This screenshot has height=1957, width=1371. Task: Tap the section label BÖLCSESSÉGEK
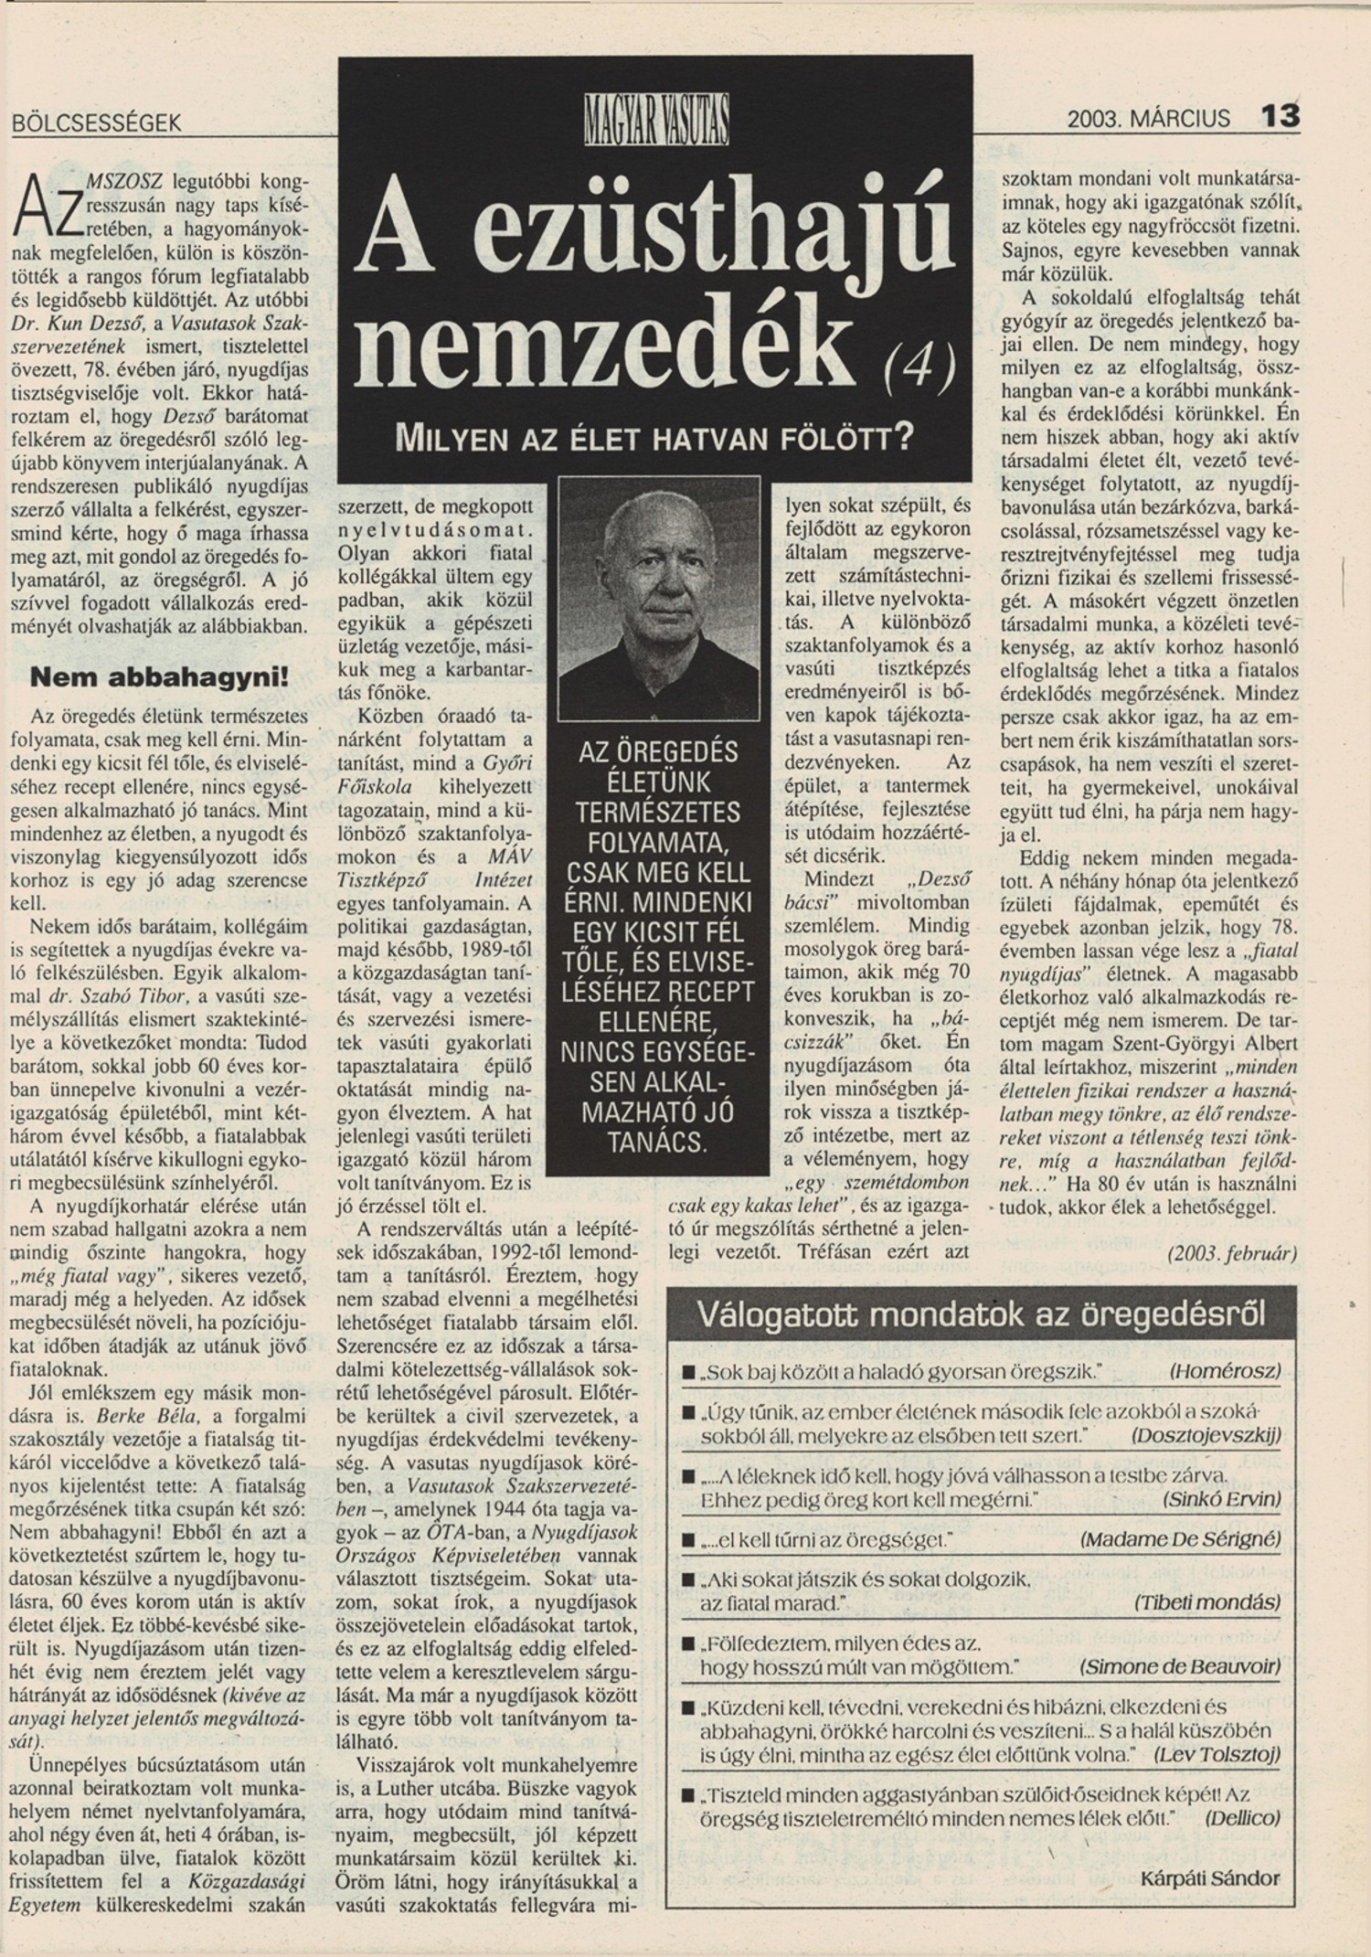point(97,122)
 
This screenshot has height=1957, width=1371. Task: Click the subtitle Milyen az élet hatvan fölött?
point(654,439)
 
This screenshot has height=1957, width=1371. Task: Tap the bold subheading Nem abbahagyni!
point(159,677)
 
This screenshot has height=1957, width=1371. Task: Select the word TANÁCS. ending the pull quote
point(655,1143)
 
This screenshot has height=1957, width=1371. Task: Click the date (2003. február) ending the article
point(1231,1253)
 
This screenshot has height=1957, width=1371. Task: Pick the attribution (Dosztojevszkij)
point(1206,1435)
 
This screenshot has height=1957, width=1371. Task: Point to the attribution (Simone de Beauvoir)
point(1180,1666)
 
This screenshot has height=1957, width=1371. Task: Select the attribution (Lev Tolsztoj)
point(1217,1755)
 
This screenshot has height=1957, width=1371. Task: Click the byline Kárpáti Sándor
point(1210,1878)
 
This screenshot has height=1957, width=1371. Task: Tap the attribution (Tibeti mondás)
point(1206,1602)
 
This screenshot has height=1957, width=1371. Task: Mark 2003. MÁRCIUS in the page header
point(1148,119)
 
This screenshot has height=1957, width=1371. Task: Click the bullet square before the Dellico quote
point(688,1795)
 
